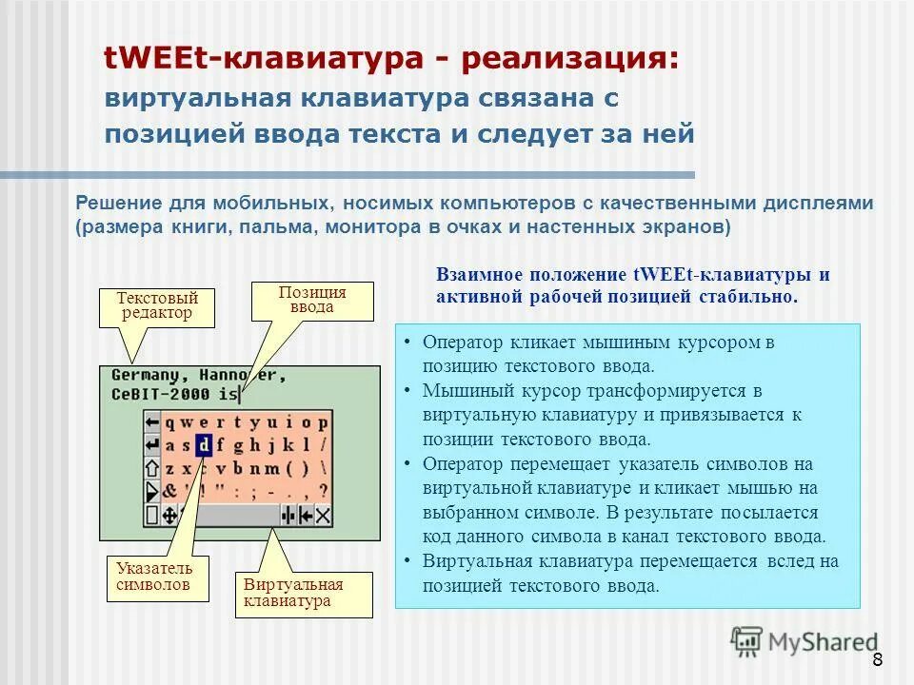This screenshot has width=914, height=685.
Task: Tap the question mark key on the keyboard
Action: (323, 491)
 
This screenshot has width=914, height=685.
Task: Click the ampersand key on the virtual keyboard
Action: (169, 491)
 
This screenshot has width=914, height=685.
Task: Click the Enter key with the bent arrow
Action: (152, 444)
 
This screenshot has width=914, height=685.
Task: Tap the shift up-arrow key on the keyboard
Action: (152, 468)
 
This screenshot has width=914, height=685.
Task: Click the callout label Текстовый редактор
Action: (156, 305)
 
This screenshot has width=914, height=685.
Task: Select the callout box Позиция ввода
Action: (312, 300)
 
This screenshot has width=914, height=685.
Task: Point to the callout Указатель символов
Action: (154, 577)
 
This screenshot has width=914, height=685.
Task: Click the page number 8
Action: (876, 661)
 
